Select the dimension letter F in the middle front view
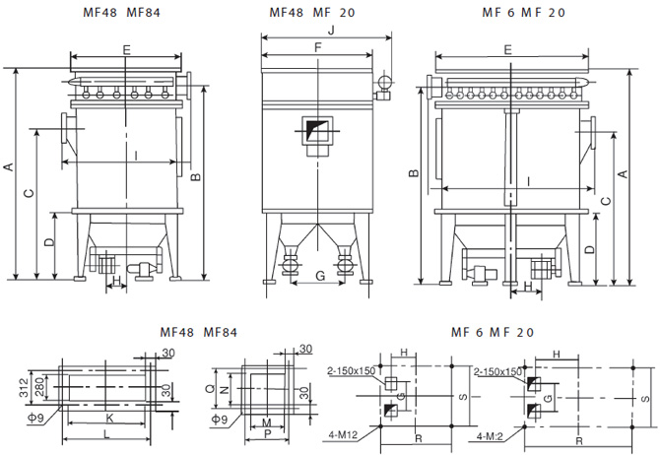317,47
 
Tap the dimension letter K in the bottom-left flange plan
108,418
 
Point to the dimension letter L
107,434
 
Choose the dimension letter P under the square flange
268,433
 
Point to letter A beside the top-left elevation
9,168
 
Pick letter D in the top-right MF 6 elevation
589,250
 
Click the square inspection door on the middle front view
317,134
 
